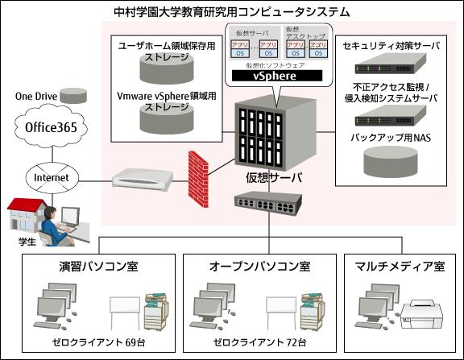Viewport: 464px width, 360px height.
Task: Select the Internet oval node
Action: click(51, 177)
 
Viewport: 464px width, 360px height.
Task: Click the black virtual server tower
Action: click(266, 136)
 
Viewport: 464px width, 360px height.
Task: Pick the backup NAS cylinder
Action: click(390, 161)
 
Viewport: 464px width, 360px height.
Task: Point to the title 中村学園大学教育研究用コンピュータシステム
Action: click(232, 12)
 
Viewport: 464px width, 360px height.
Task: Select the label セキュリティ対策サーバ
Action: click(391, 46)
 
